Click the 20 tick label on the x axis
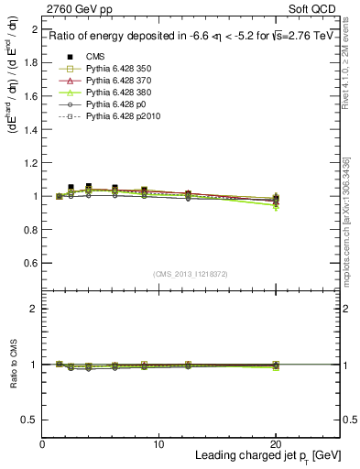[276, 444]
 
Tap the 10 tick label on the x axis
[158, 444]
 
